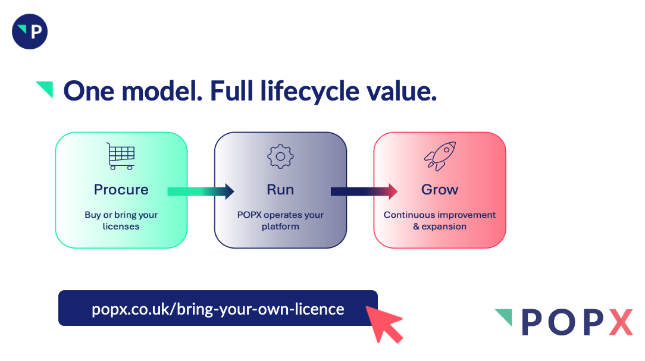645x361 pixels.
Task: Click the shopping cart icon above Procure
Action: click(120, 156)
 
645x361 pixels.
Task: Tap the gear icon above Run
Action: click(280, 156)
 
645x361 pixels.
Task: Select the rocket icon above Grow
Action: click(439, 156)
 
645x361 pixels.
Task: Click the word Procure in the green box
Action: click(121, 190)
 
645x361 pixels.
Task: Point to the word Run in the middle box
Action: click(280, 190)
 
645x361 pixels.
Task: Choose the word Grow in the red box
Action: click(440, 190)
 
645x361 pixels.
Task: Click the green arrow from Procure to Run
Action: click(201, 192)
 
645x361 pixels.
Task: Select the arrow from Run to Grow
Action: click(364, 192)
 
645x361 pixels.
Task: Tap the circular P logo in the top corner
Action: click(30, 32)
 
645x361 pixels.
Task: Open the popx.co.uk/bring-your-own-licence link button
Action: click(218, 309)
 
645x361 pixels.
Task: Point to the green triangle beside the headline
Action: click(46, 88)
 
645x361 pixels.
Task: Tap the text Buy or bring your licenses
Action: click(121, 221)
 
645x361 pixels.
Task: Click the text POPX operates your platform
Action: click(280, 221)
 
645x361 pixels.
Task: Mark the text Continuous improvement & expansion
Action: click(439, 221)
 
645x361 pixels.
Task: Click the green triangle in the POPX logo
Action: click(505, 315)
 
